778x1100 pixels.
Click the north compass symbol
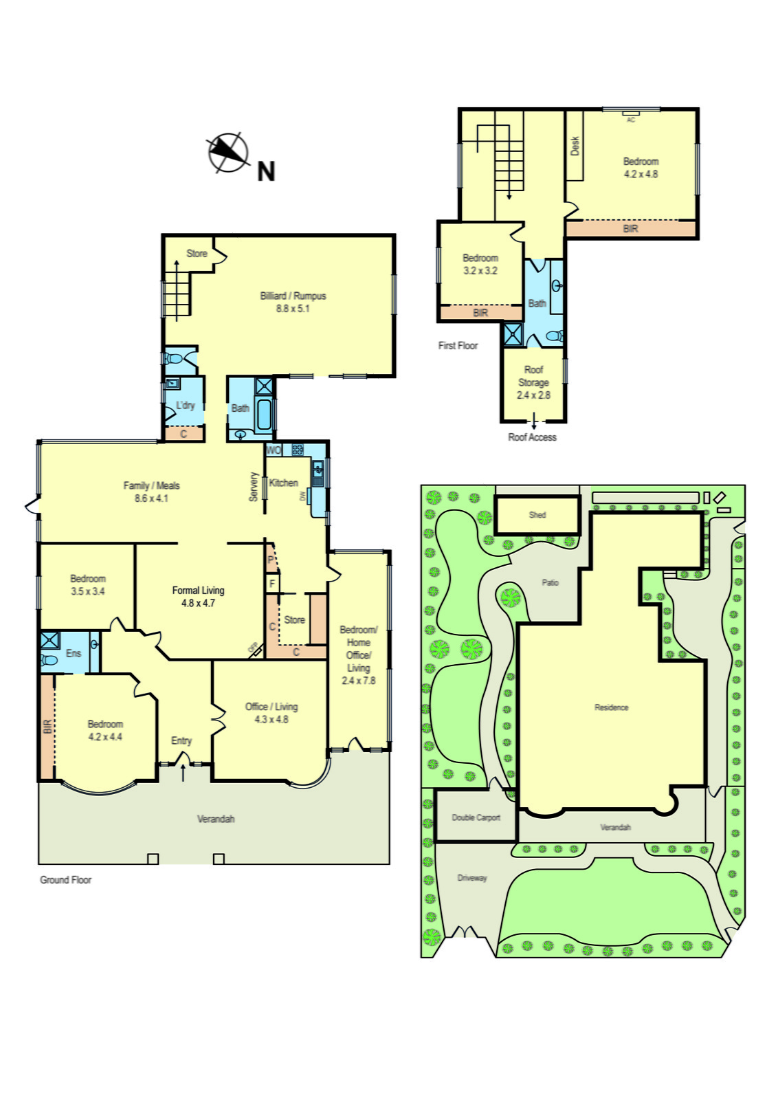coord(228,152)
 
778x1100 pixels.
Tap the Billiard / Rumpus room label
coord(293,302)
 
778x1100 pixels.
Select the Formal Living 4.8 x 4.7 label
coord(198,596)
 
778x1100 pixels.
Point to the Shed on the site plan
coord(537,514)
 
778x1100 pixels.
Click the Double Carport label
coord(476,817)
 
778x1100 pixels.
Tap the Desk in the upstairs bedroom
coord(575,146)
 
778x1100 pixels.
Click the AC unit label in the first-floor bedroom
coord(631,120)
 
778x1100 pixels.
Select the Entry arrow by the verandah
coord(183,772)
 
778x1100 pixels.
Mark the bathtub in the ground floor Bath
coord(263,414)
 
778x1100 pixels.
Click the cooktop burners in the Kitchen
coord(298,450)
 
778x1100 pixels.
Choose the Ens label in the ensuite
coord(74,653)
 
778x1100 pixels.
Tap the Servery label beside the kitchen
coord(254,486)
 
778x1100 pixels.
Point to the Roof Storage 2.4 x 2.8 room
coord(533,382)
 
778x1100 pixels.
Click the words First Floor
coord(458,346)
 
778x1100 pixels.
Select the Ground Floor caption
coord(65,880)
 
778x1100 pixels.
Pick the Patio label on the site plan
coord(550,582)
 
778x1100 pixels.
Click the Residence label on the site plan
coord(611,707)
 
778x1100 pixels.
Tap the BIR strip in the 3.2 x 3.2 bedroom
coord(480,313)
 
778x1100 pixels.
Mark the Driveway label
coord(472,878)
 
